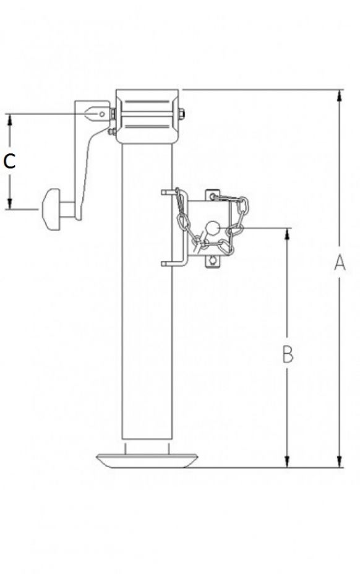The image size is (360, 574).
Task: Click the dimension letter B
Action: point(288,354)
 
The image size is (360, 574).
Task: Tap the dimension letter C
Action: point(9,161)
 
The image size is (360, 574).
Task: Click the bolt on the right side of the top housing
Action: point(182,114)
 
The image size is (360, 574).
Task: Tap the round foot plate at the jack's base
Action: point(148,460)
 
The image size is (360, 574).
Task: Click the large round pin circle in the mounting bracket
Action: point(213,228)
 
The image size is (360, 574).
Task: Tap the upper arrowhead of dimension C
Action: point(10,118)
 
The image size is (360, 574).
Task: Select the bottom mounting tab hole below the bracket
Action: point(213,261)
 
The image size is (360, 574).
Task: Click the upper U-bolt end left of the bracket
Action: point(165,192)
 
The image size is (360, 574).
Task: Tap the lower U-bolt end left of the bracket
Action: point(165,263)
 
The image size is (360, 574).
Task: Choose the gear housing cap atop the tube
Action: point(148,116)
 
